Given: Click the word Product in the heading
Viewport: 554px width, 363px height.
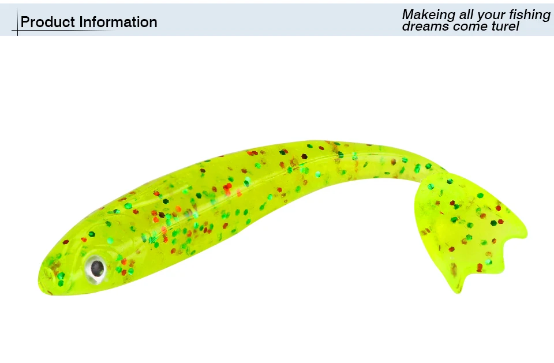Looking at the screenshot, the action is (48, 22).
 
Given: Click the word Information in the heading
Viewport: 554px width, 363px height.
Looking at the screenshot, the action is (118, 22).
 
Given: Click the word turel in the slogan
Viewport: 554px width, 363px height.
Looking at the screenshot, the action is (506, 26).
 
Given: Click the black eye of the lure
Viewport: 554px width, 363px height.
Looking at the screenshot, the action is (96, 268).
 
